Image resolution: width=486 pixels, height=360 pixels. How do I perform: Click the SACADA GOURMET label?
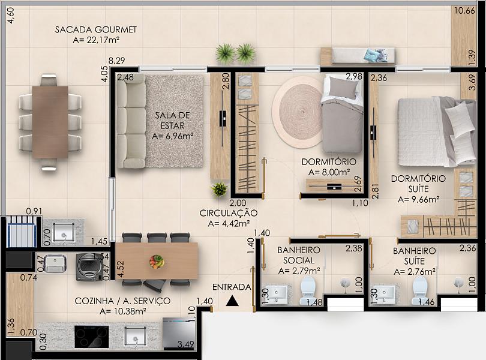coord(96,30)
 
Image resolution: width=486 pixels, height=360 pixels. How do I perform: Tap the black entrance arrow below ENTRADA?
coord(232,301)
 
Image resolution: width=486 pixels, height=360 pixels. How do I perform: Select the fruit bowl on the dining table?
coord(157,262)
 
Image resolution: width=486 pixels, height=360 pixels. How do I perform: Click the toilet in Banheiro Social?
coord(307,290)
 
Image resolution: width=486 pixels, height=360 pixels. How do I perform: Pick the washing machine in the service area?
coord(90,267)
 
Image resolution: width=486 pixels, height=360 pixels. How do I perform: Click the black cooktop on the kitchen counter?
coord(92,337)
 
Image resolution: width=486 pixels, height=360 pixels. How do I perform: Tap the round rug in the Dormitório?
coord(298,112)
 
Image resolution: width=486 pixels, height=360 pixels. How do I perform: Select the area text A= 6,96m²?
coord(173,136)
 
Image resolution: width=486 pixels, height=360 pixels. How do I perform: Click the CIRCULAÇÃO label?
coord(229,213)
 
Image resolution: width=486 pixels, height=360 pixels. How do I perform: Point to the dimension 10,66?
coord(464,11)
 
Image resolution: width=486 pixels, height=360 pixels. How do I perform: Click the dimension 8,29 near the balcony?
coord(117,61)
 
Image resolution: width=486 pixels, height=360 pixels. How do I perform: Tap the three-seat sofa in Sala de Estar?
coord(131,121)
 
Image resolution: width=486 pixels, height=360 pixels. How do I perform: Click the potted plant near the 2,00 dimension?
coord(220,189)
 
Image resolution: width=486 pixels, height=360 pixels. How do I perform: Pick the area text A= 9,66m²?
coord(418,199)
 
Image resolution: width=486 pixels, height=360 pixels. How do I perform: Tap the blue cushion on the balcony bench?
coord(372,55)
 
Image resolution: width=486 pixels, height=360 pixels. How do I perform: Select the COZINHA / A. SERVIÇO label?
coord(122,301)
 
